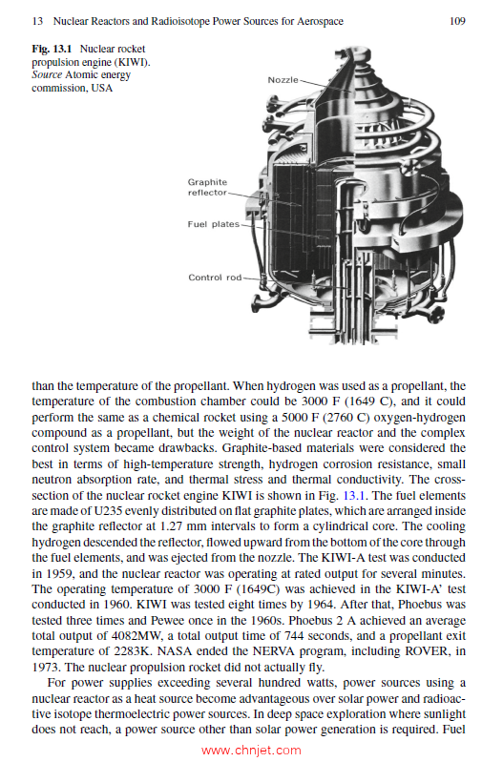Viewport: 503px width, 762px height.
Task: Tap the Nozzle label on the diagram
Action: pos(283,79)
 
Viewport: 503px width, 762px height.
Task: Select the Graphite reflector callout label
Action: pos(207,187)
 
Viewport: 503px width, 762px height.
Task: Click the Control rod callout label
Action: pos(215,278)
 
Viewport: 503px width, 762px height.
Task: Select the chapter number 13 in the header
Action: pos(37,20)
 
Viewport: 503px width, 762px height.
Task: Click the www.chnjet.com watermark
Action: pos(251,750)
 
